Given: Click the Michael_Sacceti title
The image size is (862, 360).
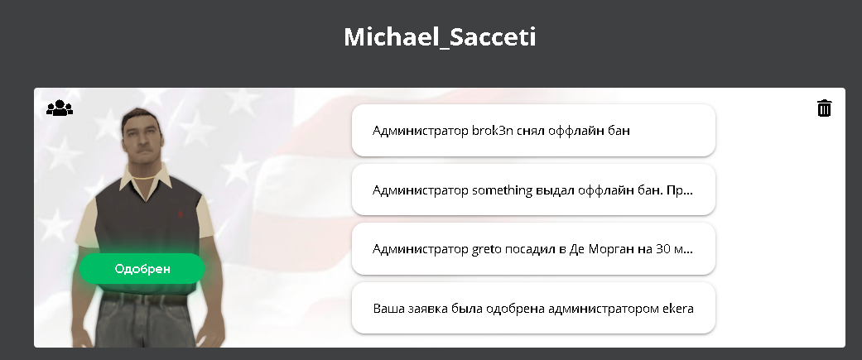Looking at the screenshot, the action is point(440,37).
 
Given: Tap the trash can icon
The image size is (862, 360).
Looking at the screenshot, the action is point(824,108).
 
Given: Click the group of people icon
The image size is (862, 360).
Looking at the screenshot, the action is point(60,108).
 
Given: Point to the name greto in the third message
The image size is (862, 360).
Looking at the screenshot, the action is point(487,249).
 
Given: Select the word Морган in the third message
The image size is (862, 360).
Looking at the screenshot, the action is point(610,249).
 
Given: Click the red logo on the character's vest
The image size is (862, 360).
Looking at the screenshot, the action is point(180,214).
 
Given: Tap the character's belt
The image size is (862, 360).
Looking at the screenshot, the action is point(144,299).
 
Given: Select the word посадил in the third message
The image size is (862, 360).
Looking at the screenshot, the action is point(530,249).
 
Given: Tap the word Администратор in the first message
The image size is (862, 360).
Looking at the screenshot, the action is point(420,131).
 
